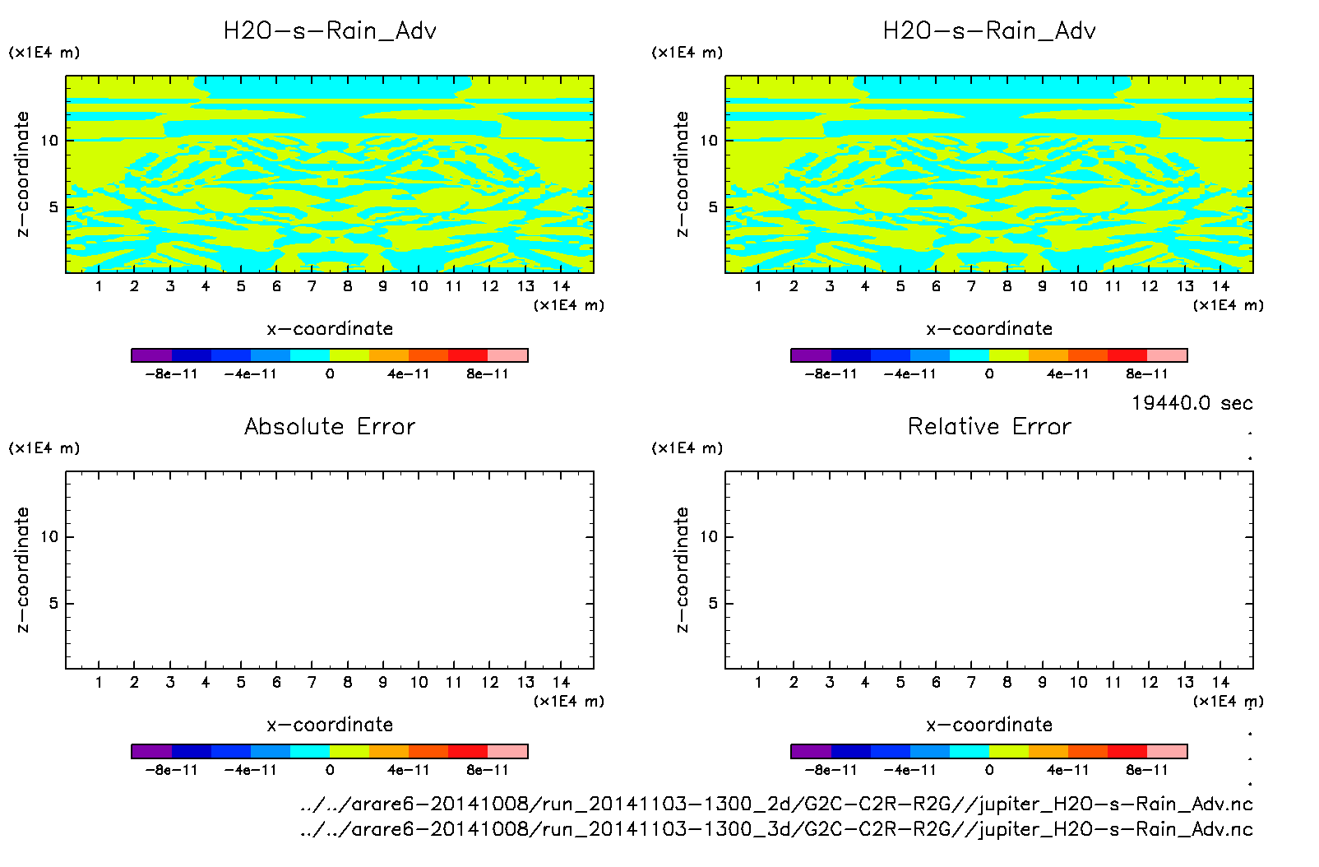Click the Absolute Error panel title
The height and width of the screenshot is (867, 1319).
click(330, 426)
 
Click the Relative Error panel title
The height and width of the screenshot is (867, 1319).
click(989, 426)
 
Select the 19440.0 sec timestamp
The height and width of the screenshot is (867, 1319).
click(1192, 403)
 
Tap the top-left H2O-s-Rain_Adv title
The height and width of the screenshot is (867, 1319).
click(330, 31)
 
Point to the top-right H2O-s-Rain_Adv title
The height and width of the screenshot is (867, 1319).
click(989, 31)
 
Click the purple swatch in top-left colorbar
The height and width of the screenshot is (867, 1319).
click(151, 355)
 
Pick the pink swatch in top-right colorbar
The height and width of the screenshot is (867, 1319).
click(1167, 355)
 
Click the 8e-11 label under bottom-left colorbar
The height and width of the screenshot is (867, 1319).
click(487, 770)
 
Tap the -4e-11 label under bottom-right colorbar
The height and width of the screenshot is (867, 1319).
click(909, 770)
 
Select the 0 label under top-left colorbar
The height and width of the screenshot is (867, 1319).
click(330, 374)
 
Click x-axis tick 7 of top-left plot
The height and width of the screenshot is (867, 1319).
click(312, 286)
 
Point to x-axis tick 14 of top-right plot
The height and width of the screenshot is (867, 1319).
click(1220, 286)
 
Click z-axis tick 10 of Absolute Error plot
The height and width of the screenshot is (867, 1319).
click(49, 537)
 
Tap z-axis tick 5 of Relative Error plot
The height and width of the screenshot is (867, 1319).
click(713, 604)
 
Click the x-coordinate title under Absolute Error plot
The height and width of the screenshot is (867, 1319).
click(330, 725)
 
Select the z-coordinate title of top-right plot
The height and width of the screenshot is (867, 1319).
click(682, 174)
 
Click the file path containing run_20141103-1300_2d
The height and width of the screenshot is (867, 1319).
click(776, 804)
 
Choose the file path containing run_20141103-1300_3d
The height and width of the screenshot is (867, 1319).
click(776, 829)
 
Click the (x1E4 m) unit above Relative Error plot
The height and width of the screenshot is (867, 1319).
click(687, 448)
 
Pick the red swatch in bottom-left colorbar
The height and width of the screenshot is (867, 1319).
click(468, 751)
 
